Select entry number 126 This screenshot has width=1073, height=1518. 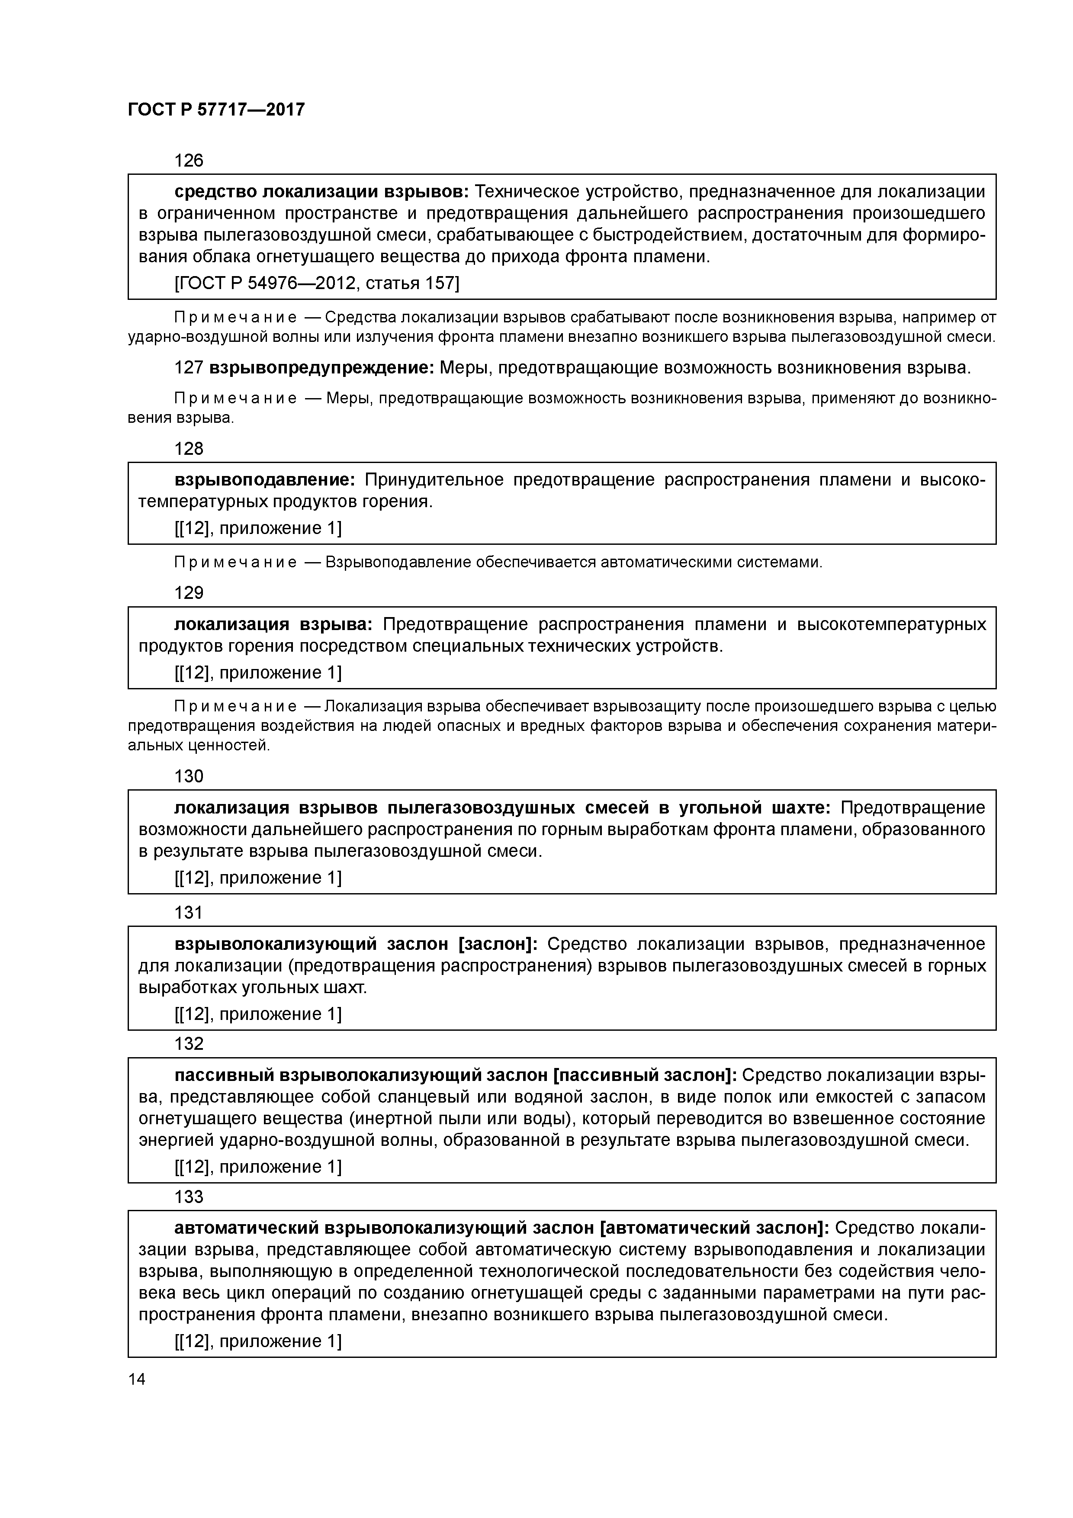(x=188, y=161)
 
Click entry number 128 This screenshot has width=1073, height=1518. (x=188, y=449)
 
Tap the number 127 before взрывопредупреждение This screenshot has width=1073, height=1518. (x=188, y=367)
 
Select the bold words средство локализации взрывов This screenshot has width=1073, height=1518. (x=322, y=192)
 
